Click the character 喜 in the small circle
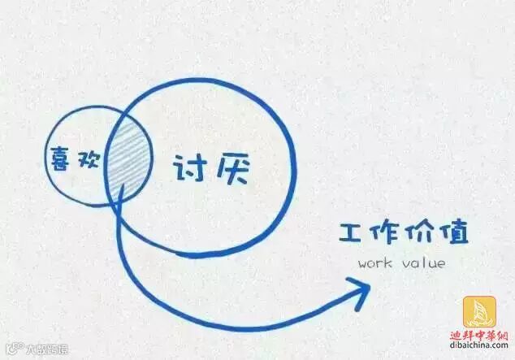pyautogui.click(x=61, y=158)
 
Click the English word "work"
pyautogui.click(x=374, y=264)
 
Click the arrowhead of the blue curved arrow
pyautogui.click(x=359, y=287)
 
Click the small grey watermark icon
pyautogui.click(x=12, y=350)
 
